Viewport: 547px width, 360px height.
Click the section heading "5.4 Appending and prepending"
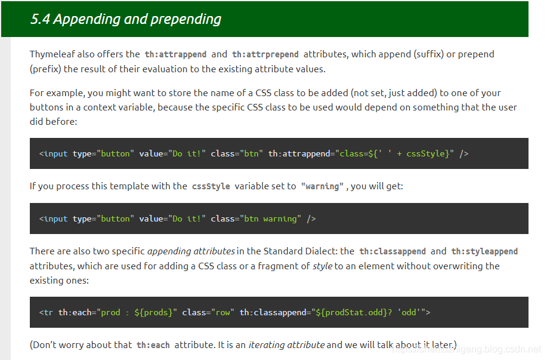click(126, 19)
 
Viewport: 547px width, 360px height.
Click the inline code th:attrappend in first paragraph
click(175, 54)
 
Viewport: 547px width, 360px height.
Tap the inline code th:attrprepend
click(265, 54)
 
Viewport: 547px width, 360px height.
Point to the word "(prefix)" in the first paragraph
click(45, 69)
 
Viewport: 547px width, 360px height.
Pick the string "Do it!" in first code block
click(187, 154)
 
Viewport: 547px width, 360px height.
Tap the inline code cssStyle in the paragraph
click(211, 186)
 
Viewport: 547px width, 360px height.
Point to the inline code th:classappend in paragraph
click(393, 251)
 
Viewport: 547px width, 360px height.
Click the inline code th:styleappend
click(484, 251)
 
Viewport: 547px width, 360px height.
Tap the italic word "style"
click(322, 266)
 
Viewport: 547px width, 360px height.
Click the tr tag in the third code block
click(48, 312)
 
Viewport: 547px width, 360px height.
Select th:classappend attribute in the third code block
click(275, 312)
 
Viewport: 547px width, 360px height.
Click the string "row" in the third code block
click(222, 312)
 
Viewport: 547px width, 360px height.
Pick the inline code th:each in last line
click(153, 345)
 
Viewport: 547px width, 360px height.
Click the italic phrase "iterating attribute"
click(286, 344)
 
